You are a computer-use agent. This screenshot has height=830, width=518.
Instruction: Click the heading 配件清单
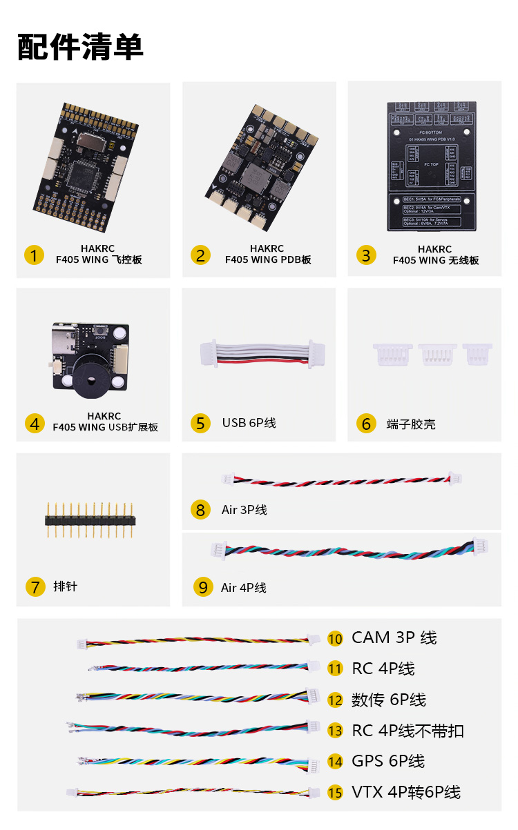click(80, 46)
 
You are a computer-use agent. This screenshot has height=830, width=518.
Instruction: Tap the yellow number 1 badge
click(34, 255)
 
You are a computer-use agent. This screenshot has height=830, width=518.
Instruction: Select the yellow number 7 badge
click(35, 586)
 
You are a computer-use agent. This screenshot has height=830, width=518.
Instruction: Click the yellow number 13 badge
click(335, 731)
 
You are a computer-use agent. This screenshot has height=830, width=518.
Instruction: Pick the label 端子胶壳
click(411, 424)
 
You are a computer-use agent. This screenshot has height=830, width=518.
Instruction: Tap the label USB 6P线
click(249, 422)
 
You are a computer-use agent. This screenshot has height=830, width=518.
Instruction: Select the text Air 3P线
click(244, 510)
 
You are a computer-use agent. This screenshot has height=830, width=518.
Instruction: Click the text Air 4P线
click(243, 588)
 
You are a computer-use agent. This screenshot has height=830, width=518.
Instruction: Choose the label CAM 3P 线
click(394, 638)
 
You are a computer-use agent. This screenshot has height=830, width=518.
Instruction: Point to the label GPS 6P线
click(387, 761)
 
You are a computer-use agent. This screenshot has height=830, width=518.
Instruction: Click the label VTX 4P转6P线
click(405, 792)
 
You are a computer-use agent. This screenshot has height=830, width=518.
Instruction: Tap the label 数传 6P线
click(388, 700)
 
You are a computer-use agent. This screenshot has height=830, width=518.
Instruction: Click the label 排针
click(65, 586)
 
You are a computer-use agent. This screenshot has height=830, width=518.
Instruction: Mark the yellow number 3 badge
click(366, 255)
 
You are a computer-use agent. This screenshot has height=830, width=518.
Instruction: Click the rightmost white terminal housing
click(477, 354)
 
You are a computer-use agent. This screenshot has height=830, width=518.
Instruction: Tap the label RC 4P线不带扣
click(407, 731)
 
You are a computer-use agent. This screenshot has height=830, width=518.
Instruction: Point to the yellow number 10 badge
click(335, 638)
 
